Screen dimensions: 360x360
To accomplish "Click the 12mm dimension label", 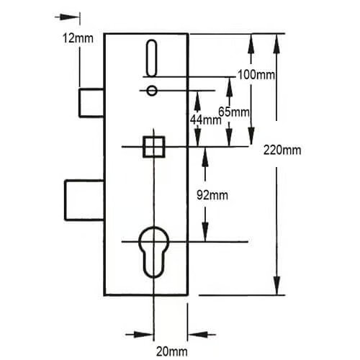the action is point(78,38).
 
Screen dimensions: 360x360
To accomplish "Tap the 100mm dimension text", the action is point(256,75).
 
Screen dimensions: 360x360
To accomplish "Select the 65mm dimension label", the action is point(234,112).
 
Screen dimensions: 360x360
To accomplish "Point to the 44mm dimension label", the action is point(206,120).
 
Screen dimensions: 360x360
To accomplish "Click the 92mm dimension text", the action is point(212,195).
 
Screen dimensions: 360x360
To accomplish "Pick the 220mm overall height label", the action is point(282,150).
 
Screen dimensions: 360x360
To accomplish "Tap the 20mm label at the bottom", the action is point(172,352).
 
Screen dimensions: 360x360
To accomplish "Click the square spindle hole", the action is point(154,147).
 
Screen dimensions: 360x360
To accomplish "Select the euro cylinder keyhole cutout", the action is point(153,252).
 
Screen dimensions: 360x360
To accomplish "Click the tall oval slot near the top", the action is point(152,58).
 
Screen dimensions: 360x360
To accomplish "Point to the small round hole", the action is point(152,91).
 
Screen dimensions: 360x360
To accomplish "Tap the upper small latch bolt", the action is point(91,103).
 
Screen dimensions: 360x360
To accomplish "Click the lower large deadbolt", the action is point(84,200).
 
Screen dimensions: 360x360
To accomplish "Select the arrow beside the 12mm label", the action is point(67,17).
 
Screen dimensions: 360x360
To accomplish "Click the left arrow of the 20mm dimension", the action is point(140,334).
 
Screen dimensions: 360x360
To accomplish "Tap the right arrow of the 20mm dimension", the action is point(202,334).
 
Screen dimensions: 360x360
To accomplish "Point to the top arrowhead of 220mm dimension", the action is point(276,44).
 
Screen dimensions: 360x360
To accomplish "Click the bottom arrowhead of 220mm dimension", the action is point(276,285).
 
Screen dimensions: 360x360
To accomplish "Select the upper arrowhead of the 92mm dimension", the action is point(204,157).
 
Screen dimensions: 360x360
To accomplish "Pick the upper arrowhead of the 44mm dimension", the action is point(197,101).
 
